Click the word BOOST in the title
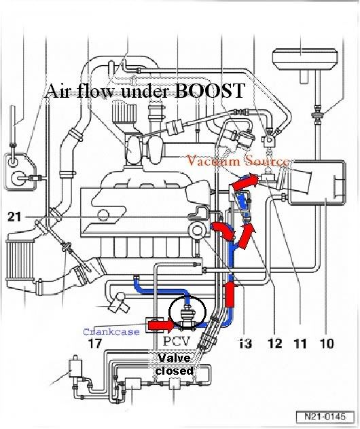pyautogui.click(x=209, y=90)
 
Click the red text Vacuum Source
pyautogui.click(x=238, y=161)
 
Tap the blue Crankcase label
pyautogui.click(x=111, y=332)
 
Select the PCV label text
pyautogui.click(x=177, y=341)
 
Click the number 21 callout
pyautogui.click(x=14, y=217)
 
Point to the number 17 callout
pyautogui.click(x=94, y=343)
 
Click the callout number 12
pyautogui.click(x=275, y=343)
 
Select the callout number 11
pyautogui.click(x=300, y=343)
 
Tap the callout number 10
pyautogui.click(x=326, y=343)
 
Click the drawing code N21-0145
pyautogui.click(x=325, y=416)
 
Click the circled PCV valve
pyautogui.click(x=187, y=314)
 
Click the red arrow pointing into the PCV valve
pyautogui.click(x=160, y=325)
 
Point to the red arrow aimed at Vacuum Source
pyautogui.click(x=245, y=182)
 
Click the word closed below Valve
pyautogui.click(x=174, y=371)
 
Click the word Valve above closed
pyautogui.click(x=174, y=358)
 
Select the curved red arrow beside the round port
pyautogui.click(x=224, y=231)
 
